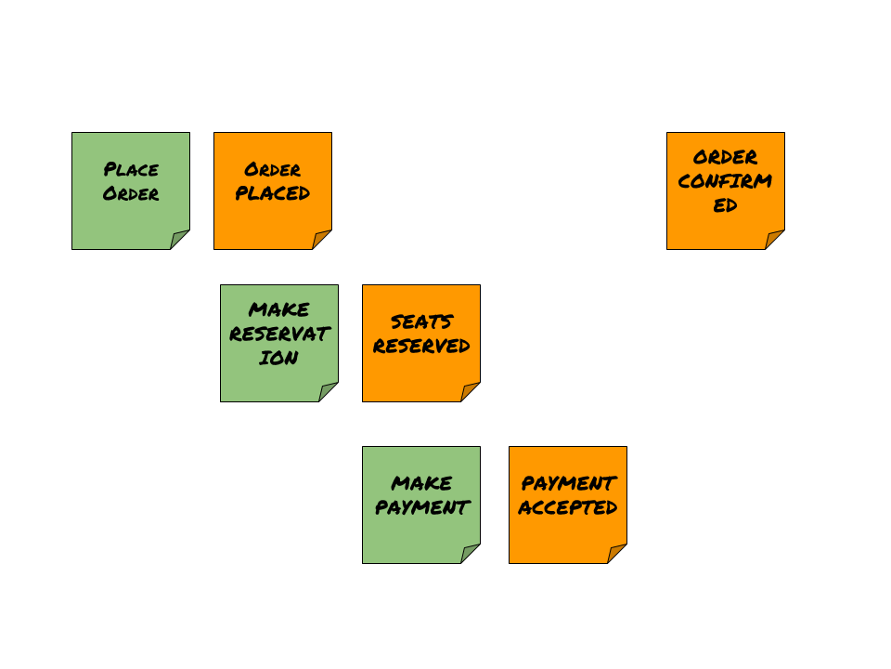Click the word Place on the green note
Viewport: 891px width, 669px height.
point(131,169)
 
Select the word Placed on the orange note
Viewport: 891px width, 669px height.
point(272,193)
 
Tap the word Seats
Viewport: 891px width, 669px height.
point(421,321)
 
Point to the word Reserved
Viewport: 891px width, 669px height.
point(421,346)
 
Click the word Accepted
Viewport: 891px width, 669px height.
point(568,507)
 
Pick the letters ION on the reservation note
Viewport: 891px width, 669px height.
point(278,358)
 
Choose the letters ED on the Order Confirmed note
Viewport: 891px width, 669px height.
point(725,205)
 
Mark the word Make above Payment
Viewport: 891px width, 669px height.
point(421,483)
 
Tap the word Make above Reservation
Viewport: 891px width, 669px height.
point(278,309)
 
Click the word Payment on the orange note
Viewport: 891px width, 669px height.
point(568,483)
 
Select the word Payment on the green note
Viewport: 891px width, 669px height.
point(421,507)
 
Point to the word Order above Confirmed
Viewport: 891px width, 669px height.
point(725,157)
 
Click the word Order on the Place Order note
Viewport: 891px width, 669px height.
point(131,193)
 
